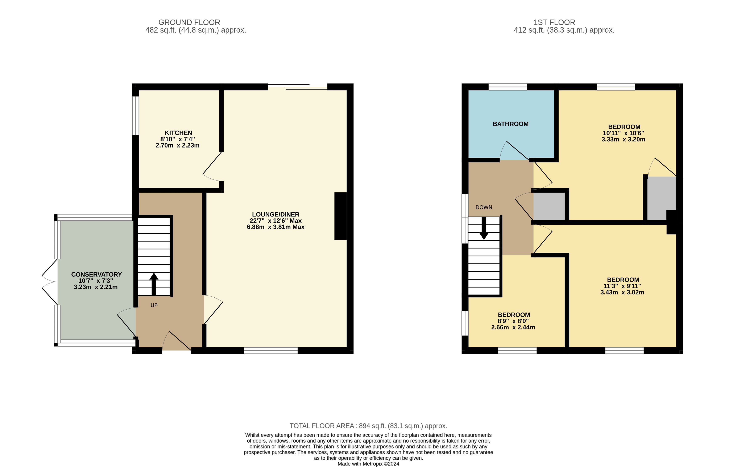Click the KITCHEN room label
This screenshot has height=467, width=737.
point(178,133)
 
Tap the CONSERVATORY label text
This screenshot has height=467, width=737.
point(96,274)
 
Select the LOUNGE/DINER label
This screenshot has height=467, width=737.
point(276,215)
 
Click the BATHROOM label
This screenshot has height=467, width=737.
point(510,124)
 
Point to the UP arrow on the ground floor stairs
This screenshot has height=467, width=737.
point(154,284)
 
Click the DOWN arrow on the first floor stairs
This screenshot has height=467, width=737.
point(484,228)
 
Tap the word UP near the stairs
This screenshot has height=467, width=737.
point(154,305)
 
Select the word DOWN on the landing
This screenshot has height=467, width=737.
point(484,207)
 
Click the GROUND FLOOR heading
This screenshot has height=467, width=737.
point(189,22)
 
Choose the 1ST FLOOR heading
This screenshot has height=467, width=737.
point(554,22)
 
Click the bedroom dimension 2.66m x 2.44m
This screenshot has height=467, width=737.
point(513,327)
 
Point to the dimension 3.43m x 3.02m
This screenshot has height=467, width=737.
point(622,292)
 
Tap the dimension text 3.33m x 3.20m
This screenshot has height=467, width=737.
point(624,139)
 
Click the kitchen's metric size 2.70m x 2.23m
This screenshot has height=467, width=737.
point(178,145)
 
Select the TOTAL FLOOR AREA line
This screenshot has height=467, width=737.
point(369,426)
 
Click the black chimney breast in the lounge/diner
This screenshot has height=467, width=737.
point(340,216)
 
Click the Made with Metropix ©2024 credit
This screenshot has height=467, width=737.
point(369,464)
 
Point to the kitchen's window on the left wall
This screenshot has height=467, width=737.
point(136,115)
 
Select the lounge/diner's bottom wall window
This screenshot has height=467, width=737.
point(271,350)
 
